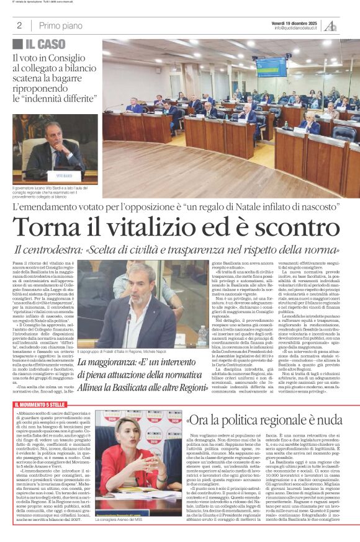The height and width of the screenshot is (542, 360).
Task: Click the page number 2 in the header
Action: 19,25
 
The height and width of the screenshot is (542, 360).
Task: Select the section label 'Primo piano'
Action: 60,25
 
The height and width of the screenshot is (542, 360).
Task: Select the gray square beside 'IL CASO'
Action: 17,44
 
